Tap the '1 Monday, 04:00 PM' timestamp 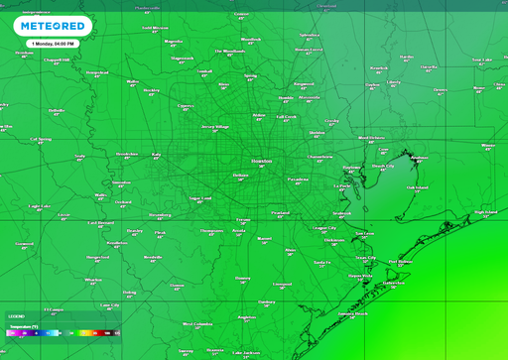56,44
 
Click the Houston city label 261,159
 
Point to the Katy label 156,154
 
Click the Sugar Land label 200,197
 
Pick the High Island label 485,210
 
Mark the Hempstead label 97,71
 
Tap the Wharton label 92,279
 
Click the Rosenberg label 159,213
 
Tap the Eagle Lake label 38,205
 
